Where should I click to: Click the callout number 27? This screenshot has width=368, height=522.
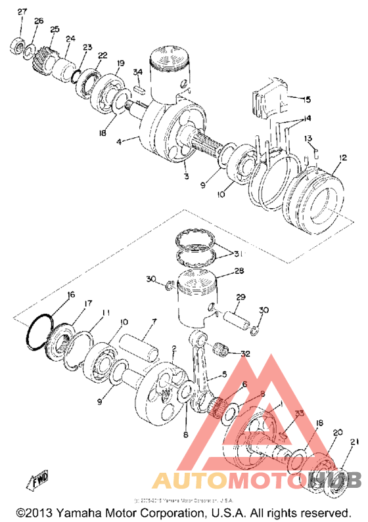22,12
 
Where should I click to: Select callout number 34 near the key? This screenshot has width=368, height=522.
137,72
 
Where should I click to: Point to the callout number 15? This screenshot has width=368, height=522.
306,100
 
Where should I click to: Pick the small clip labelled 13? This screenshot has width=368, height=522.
314,152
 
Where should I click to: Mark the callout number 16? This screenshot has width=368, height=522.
71,295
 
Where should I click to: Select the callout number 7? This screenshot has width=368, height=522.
154,322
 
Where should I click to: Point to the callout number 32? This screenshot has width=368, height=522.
246,353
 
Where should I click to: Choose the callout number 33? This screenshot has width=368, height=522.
298,414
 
